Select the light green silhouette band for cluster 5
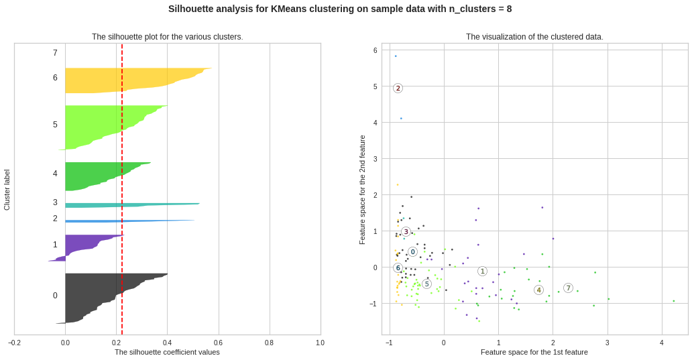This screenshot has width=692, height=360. point(101,124)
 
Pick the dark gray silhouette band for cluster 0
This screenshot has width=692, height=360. point(101,295)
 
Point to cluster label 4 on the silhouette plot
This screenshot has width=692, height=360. point(55,174)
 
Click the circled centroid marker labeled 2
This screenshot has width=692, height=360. point(398,88)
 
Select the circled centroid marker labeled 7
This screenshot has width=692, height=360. point(568,288)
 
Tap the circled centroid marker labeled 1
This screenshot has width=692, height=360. point(482,271)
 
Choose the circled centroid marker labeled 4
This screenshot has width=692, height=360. point(538,290)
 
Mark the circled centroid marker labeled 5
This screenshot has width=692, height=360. point(426,284)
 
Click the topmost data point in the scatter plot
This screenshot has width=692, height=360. point(396,56)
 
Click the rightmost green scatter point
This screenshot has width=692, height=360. point(674,301)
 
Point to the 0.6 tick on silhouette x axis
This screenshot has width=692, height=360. point(218,343)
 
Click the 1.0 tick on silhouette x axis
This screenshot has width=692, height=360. point(320,343)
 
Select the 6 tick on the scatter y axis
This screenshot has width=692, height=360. point(376,50)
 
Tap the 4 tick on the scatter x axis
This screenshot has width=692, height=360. point(662,343)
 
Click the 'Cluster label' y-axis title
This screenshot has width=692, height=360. point(7,190)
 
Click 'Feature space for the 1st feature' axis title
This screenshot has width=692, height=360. point(534,352)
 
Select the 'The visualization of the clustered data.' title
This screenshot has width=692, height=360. point(534,37)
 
